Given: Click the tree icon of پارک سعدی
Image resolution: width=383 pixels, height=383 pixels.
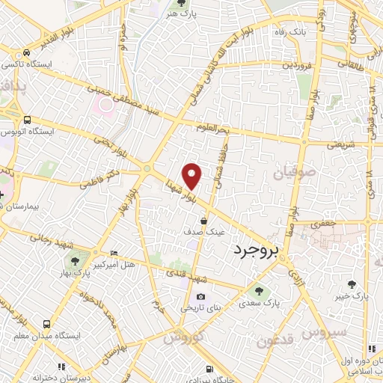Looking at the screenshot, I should coord(259,290).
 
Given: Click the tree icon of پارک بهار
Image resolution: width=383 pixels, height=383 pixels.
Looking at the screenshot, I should coord(75,260).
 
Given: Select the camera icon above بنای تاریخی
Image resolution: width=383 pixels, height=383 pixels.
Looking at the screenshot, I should coord(200,296).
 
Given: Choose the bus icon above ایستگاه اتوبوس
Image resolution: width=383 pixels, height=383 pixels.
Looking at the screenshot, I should coord(28,120).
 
